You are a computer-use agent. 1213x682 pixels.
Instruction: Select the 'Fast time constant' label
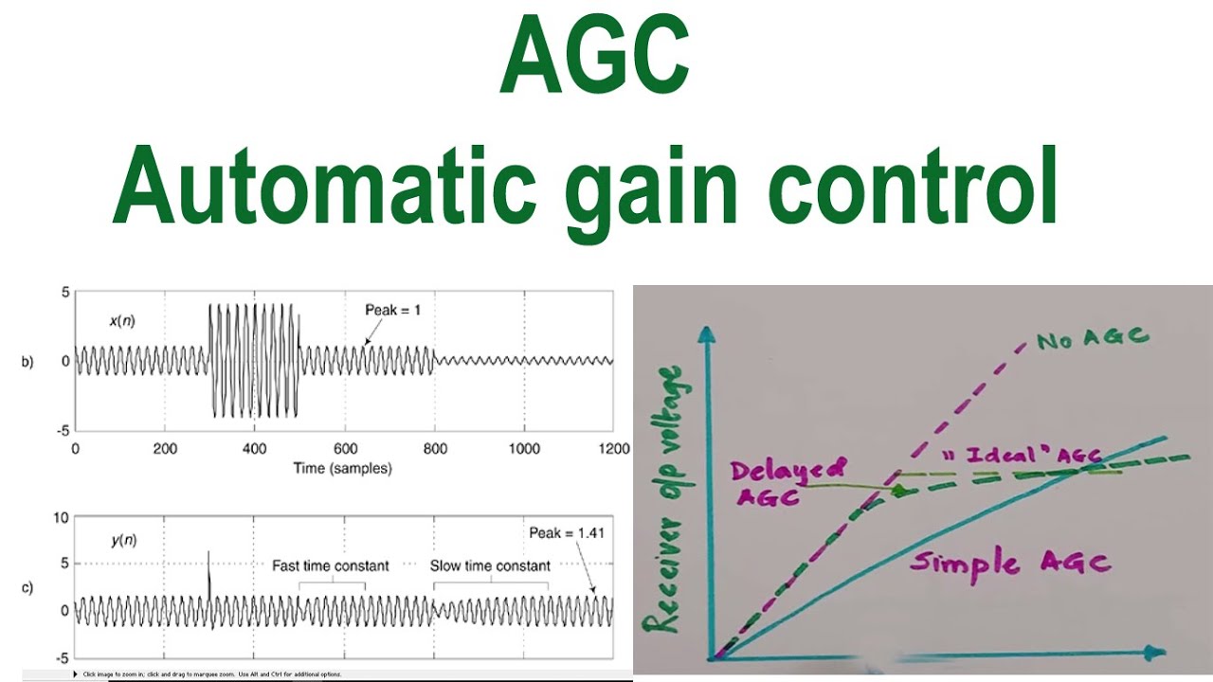(331, 565)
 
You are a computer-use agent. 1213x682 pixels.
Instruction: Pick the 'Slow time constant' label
(490, 565)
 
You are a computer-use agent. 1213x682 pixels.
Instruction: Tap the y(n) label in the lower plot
(124, 541)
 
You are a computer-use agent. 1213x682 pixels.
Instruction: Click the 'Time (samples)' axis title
(343, 468)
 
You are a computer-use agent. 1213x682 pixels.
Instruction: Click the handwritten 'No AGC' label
(1093, 336)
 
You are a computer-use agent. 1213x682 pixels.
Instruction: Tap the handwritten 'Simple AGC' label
(1009, 563)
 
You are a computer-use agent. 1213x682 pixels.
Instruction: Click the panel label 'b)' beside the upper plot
(27, 362)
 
